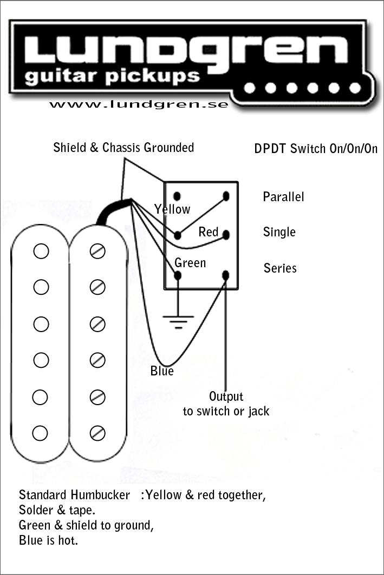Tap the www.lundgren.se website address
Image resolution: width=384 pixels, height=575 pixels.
click(x=139, y=103)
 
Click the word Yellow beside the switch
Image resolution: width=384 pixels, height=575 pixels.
click(x=172, y=209)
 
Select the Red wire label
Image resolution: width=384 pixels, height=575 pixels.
click(x=209, y=232)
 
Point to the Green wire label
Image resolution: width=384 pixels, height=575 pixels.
click(x=190, y=263)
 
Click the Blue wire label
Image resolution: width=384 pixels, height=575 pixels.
click(x=162, y=371)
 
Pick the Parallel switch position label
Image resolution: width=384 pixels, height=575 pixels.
click(x=283, y=197)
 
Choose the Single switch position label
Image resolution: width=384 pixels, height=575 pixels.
click(x=279, y=232)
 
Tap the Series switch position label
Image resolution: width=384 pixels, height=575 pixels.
click(x=280, y=268)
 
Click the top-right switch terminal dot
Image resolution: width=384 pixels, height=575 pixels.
click(x=226, y=195)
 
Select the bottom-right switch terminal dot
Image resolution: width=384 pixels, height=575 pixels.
click(x=226, y=275)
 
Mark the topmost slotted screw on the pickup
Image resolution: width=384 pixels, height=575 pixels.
click(x=97, y=251)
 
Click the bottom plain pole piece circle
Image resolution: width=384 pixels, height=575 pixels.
click(x=41, y=433)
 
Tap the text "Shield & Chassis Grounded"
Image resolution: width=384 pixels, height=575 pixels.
click(x=123, y=148)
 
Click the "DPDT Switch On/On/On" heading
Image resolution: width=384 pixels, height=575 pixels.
click(x=316, y=149)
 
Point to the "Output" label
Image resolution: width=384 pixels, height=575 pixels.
click(x=226, y=397)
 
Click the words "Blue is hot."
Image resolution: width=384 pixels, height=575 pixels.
click(x=48, y=540)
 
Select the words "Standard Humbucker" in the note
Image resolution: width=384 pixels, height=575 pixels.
click(x=75, y=495)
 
